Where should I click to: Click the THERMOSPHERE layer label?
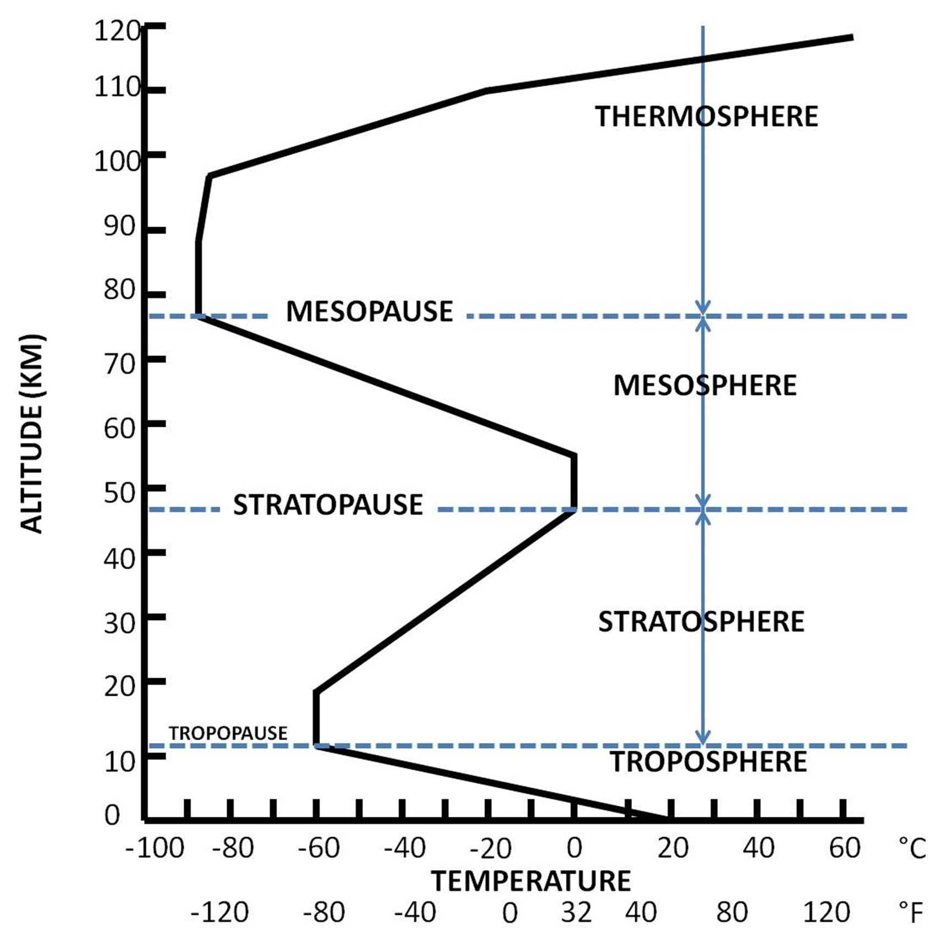706,117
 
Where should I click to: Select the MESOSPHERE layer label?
704,385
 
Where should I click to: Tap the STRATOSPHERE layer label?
701,622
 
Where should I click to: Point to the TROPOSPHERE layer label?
708,762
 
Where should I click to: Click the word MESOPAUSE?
369,311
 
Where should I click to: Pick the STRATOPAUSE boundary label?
328,505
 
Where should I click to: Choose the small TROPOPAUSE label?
228,733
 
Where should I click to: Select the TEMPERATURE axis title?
531,881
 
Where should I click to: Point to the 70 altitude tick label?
119,364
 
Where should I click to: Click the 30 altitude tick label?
119,623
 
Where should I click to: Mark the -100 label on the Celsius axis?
155,848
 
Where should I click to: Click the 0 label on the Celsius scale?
574,848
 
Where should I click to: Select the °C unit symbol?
912,848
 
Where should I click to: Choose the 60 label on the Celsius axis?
844,848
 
